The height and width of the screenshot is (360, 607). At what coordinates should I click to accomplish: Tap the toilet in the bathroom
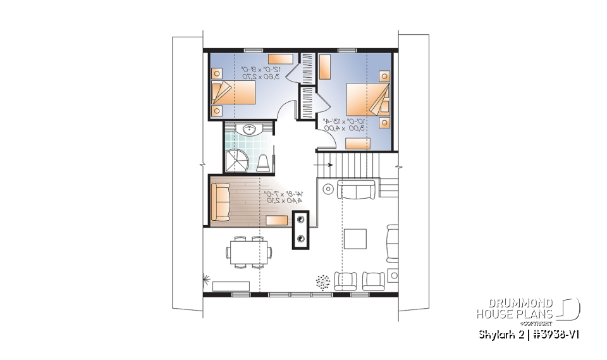coord(264,163)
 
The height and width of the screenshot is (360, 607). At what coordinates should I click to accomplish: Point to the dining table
coord(248,252)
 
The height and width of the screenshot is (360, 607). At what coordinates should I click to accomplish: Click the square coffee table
coord(355,240)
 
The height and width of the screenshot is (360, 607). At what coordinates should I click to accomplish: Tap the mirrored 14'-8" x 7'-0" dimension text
coord(283,197)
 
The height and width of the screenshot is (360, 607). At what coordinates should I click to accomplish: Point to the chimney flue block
coord(300,230)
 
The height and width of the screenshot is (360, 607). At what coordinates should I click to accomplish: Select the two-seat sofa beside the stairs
coord(357,189)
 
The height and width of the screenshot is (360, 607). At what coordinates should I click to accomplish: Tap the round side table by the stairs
coord(328,188)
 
